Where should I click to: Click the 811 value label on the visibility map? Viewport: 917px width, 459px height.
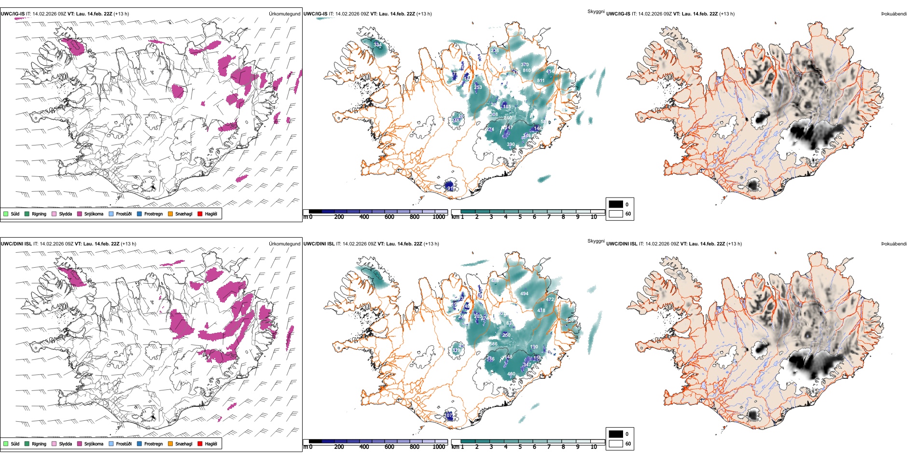pos(541,81)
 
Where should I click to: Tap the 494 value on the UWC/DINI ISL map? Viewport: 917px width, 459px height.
pos(524,293)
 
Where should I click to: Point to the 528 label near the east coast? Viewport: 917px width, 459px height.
pos(570,320)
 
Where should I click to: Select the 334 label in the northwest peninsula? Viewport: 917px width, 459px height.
pos(377,45)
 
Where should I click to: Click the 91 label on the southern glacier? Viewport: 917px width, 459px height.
pos(450,188)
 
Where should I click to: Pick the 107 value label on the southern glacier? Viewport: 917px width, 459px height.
pos(448,415)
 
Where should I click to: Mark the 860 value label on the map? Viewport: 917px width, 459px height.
pos(508,118)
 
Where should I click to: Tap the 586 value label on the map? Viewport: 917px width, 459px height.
pos(493,344)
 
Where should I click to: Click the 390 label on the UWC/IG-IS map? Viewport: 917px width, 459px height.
pos(511,144)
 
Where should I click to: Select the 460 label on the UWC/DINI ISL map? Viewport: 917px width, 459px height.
pos(511,373)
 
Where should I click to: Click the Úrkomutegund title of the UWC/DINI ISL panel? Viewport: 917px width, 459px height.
pos(284,244)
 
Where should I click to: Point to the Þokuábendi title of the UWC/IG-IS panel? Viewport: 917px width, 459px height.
pos(894,14)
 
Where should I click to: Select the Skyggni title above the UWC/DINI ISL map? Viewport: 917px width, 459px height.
pos(596,241)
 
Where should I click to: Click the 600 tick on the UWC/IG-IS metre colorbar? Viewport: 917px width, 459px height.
pos(389,217)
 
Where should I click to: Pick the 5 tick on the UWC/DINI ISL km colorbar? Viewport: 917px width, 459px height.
pos(520,447)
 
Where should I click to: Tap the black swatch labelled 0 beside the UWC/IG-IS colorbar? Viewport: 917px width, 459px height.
pos(616,204)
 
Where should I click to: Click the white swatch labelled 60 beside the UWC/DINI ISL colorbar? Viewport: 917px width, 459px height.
pos(616,443)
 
